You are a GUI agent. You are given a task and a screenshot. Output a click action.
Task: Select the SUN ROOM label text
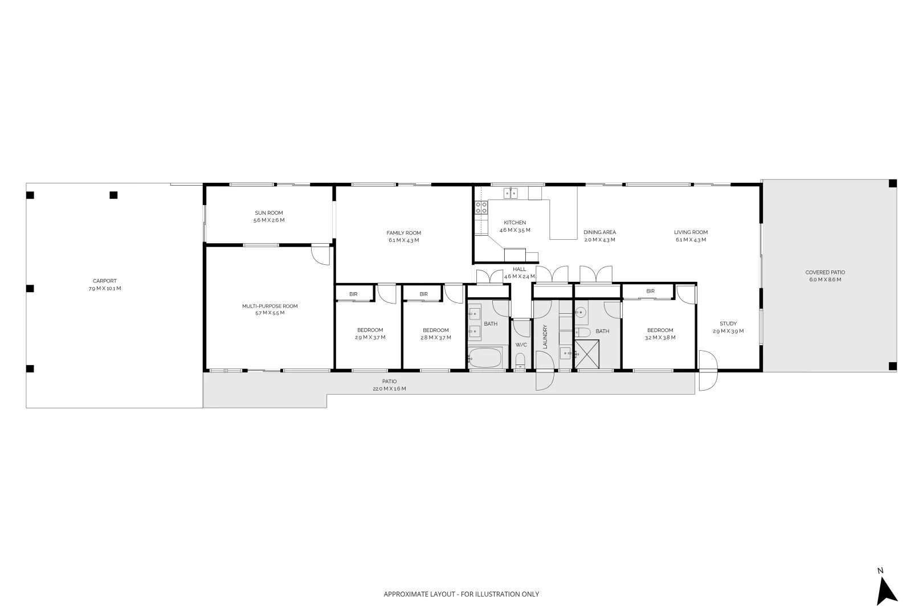(x=269, y=213)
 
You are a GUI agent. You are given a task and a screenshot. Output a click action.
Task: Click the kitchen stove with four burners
(x=481, y=207)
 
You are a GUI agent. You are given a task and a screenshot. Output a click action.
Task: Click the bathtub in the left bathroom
(x=485, y=358)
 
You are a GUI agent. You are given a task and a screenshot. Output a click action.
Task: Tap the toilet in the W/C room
(x=520, y=360)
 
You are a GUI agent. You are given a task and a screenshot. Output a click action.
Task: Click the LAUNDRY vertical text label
(x=545, y=337)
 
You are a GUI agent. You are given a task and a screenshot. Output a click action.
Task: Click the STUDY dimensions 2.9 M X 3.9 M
(x=728, y=331)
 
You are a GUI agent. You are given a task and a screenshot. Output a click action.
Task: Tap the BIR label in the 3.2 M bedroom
(x=650, y=291)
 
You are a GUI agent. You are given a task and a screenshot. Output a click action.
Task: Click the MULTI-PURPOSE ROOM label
(x=269, y=306)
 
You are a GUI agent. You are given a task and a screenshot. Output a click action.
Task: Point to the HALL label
(x=519, y=269)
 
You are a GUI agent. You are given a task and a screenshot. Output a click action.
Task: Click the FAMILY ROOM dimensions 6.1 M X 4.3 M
(x=403, y=240)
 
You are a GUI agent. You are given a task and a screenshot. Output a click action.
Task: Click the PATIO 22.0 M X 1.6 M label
(x=390, y=385)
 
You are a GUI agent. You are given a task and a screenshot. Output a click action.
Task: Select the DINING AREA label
(x=599, y=232)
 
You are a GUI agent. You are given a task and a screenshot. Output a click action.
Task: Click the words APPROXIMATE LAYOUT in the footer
(x=419, y=594)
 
